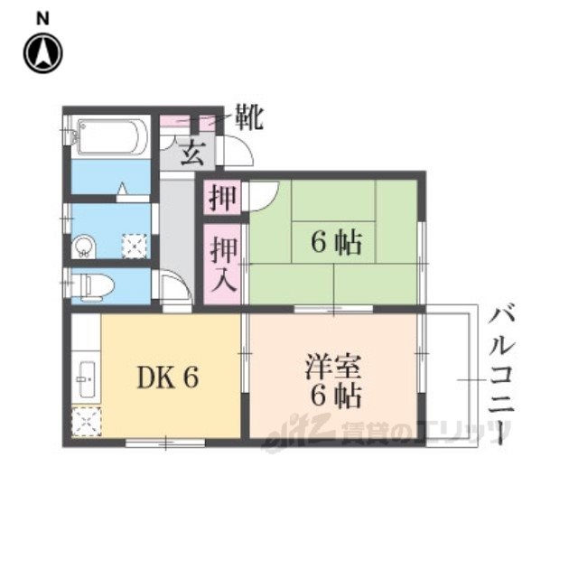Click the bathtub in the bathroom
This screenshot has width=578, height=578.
click(112, 137)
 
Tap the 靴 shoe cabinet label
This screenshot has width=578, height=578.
click(249, 117)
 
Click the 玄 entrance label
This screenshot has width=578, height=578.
click(191, 153)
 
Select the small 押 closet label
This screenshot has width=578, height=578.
click(220, 198)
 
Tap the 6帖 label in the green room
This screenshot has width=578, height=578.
click(338, 242)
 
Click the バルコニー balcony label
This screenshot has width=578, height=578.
click(502, 378)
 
